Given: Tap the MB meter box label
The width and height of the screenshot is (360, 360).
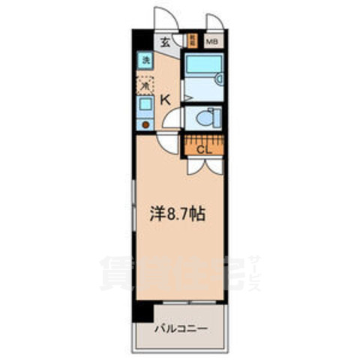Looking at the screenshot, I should point(212,43).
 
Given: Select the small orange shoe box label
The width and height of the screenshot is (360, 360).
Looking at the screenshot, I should point(192,42).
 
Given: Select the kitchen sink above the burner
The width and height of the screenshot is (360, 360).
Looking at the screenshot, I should point(144,108).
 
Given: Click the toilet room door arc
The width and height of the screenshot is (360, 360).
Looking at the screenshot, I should point(173,118).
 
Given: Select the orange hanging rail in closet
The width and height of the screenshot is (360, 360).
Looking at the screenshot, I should point(204,139).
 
